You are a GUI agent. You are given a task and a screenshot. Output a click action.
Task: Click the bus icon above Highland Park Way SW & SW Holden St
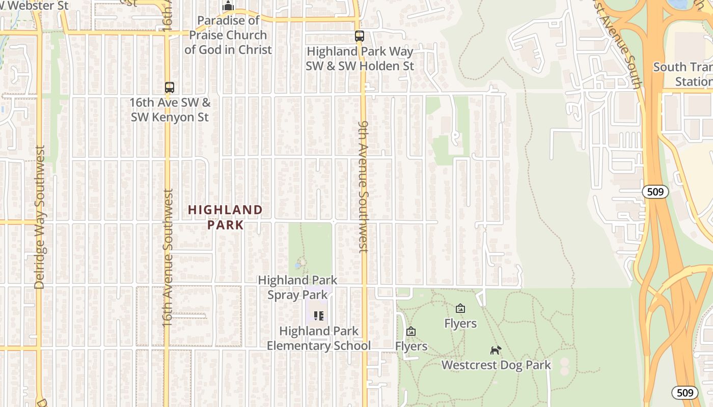[x=360, y=36]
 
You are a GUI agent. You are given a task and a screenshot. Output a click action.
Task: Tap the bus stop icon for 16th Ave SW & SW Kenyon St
[x=170, y=88]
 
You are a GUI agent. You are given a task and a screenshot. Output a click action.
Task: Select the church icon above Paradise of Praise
[x=228, y=6]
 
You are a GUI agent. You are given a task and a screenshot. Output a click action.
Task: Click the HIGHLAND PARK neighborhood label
[x=225, y=217]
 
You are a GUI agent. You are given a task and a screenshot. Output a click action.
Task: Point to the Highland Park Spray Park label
[x=297, y=287]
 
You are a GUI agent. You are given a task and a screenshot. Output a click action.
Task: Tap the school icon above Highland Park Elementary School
[x=319, y=316]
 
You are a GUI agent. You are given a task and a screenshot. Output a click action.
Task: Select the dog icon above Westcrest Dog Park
[x=496, y=350]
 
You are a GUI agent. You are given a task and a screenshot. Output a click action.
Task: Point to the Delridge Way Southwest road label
[x=39, y=217]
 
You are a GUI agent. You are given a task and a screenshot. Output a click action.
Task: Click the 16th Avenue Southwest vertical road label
[x=168, y=257]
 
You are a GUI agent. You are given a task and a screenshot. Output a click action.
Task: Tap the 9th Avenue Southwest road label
[x=363, y=187]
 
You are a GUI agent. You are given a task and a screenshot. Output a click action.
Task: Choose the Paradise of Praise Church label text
[x=228, y=35]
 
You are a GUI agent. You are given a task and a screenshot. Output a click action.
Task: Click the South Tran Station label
[x=683, y=74]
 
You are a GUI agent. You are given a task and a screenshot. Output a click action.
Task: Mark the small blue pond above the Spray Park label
[x=297, y=266]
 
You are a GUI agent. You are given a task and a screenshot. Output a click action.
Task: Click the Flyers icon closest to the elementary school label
[x=411, y=332]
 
